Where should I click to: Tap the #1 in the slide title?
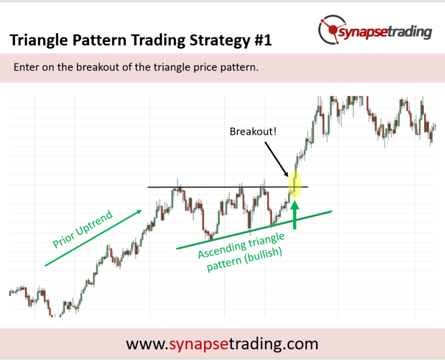click(263, 40)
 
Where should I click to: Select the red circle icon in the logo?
click(332, 29)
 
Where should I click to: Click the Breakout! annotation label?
click(253, 132)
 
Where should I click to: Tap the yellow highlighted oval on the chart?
click(295, 184)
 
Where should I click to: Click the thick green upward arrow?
click(295, 214)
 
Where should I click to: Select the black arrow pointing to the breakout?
click(276, 159)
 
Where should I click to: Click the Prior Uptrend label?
click(83, 229)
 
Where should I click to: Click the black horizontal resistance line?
click(228, 187)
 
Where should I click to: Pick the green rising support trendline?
click(254, 230)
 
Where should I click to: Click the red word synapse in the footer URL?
click(199, 344)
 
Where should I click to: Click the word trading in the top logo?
click(410, 32)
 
